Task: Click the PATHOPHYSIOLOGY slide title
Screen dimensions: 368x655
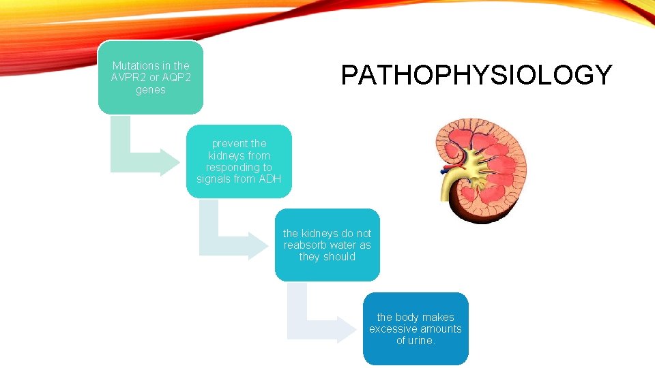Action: point(476,75)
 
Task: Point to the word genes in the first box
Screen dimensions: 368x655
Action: point(150,89)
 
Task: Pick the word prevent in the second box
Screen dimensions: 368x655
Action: point(229,144)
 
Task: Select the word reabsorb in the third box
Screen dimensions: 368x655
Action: point(307,245)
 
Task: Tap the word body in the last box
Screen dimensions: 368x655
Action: point(411,317)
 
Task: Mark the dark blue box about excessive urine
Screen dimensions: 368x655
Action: point(416,328)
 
